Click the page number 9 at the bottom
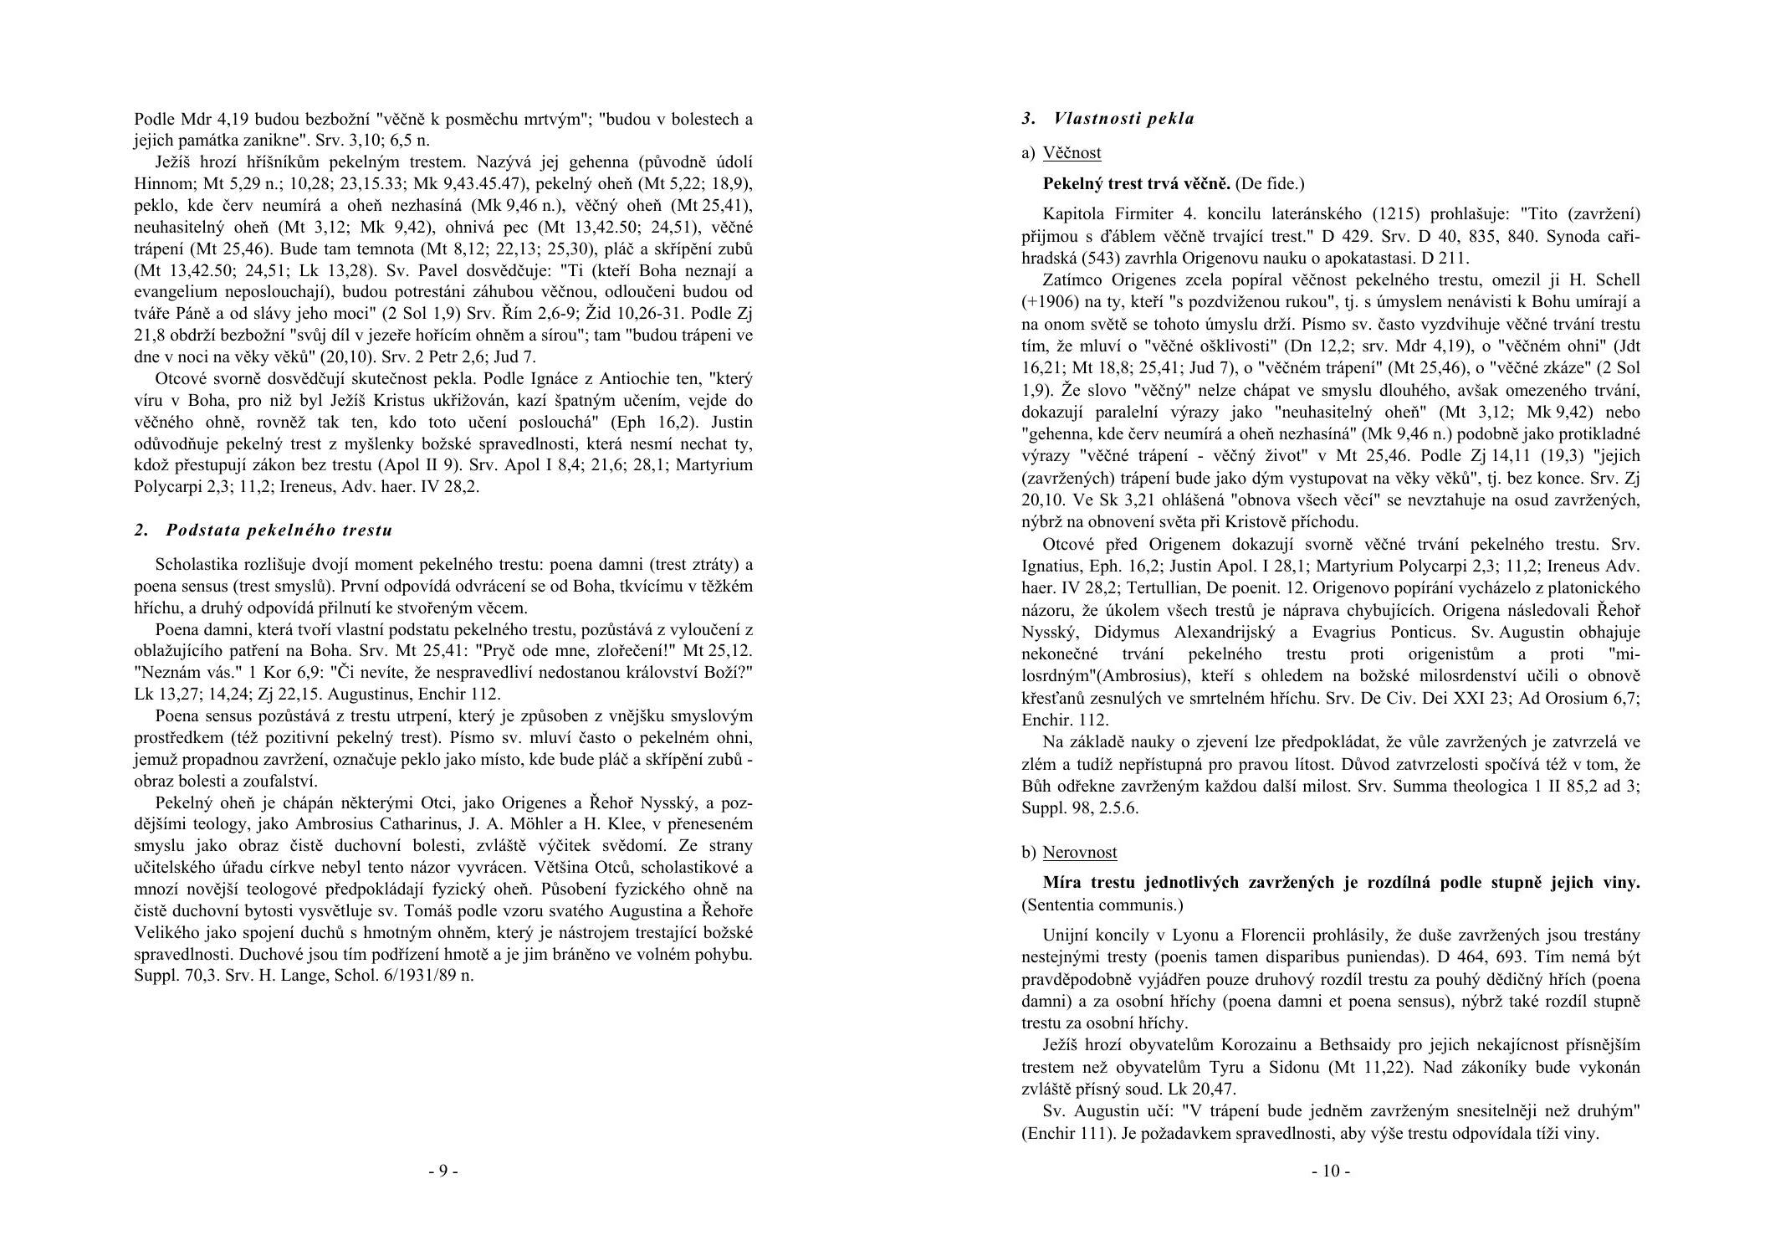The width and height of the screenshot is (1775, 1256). pos(443,1171)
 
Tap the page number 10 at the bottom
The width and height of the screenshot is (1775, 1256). pos(1330,1171)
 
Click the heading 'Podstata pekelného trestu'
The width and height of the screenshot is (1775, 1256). pos(279,530)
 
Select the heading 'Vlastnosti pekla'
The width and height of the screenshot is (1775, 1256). pos(1123,119)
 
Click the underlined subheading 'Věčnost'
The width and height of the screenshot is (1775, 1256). pos(1072,152)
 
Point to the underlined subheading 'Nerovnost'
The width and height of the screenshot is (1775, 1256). pos(1079,852)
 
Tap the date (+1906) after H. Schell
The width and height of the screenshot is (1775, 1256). pos(1050,302)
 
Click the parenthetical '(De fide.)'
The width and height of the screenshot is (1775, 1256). pos(1270,183)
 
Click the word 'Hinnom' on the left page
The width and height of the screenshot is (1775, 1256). pos(158,183)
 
